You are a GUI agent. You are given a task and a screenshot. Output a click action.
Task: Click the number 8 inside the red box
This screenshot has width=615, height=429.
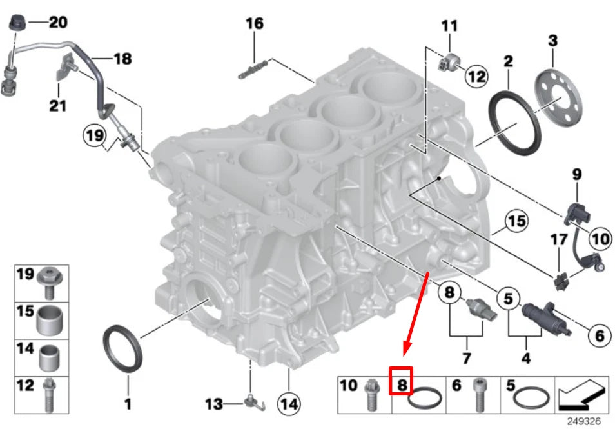coord(402,386)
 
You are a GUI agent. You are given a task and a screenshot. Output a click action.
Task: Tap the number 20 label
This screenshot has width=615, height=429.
coord(57,23)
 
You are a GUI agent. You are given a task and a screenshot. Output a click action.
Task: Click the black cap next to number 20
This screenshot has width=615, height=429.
coord(15,21)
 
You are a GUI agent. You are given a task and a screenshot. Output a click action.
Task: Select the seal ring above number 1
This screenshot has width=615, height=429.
coord(121,349)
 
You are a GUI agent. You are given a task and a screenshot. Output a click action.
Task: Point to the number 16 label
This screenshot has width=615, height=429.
coord(255,24)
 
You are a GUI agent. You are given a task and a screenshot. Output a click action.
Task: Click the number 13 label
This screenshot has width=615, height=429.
coord(214,404)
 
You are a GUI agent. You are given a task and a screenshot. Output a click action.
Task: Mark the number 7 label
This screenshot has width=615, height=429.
coord(466,357)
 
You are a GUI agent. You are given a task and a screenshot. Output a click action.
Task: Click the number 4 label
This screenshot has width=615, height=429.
coord(525,357)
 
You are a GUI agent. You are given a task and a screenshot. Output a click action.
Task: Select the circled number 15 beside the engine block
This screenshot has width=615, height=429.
coord(516,223)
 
